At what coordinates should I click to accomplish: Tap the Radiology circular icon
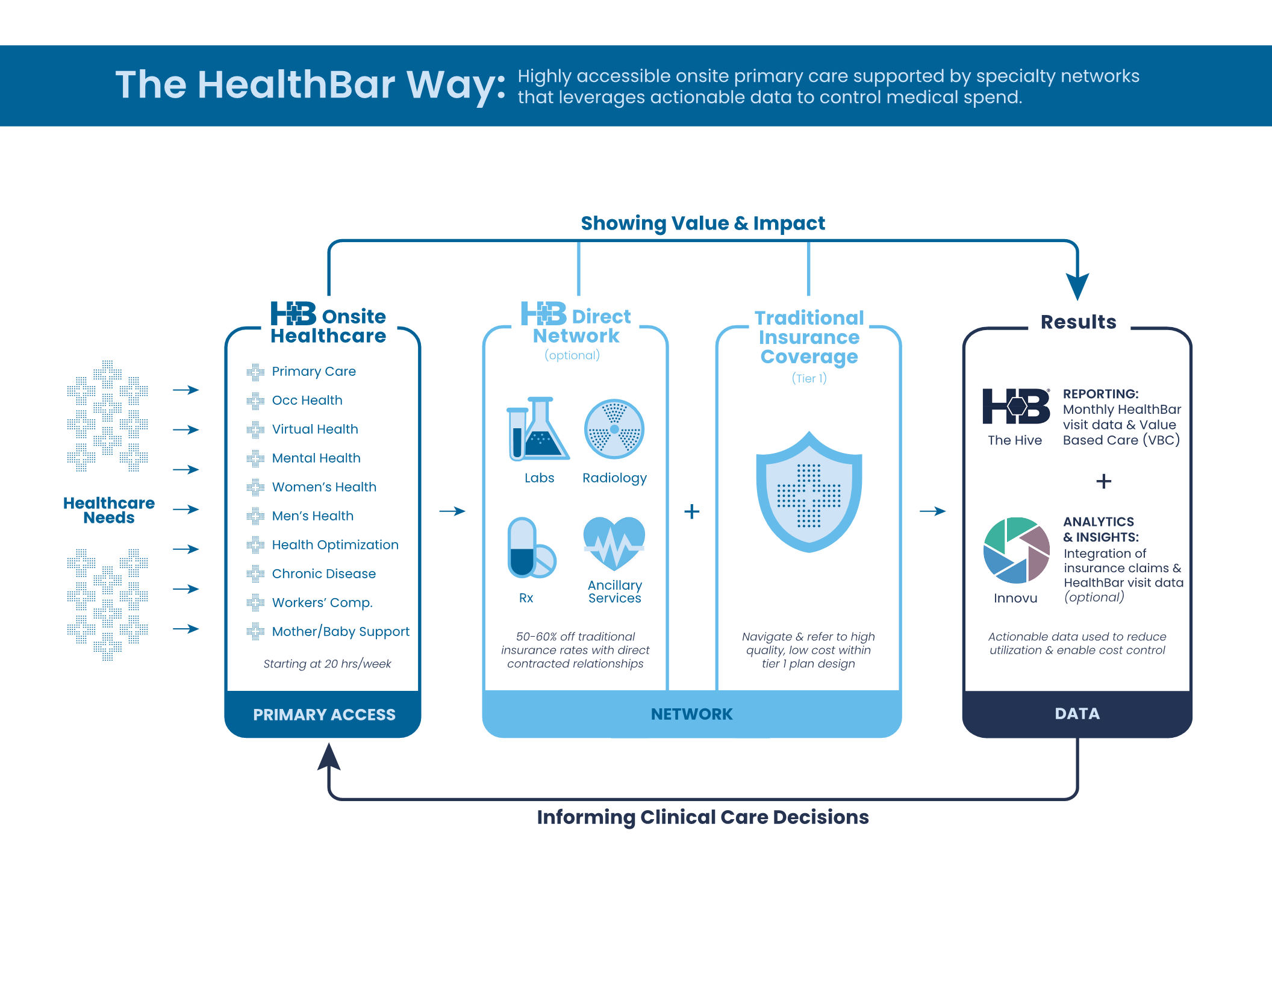click(614, 429)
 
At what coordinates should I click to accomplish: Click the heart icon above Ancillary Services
click(614, 543)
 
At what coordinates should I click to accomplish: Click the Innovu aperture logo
click(1016, 550)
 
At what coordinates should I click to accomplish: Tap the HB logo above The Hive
click(1015, 406)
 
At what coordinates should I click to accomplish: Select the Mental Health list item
click(316, 458)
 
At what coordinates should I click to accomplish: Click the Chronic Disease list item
click(323, 574)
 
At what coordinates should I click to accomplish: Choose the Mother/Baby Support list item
click(340, 632)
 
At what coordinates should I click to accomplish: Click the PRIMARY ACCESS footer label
click(324, 715)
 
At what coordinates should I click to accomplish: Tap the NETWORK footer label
click(691, 714)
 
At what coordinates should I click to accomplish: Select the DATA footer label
click(1077, 714)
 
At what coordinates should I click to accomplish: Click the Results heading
click(1078, 322)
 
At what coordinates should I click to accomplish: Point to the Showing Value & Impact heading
click(703, 223)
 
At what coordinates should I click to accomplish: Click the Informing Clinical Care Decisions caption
click(703, 817)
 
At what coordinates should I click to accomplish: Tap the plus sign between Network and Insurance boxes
click(692, 511)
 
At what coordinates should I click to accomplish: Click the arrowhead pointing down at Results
click(1077, 286)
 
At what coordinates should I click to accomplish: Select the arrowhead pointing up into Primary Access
click(329, 757)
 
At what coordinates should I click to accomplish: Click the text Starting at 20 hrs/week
click(327, 664)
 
